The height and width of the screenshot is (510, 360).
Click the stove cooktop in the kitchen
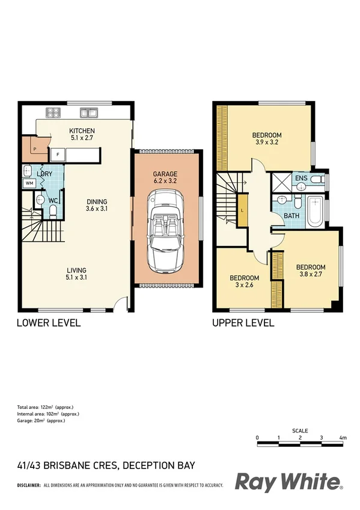tap(52, 111)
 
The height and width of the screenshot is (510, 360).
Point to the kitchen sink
tap(91, 111)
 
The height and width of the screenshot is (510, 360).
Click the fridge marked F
tap(58, 155)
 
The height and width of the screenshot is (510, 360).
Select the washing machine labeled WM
tap(29, 184)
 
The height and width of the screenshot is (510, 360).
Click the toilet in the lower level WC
tap(53, 210)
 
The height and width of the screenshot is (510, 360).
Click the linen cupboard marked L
tap(242, 210)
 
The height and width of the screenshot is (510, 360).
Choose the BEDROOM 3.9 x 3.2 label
tap(266, 139)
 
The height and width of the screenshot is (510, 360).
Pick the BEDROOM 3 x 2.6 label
tap(244, 281)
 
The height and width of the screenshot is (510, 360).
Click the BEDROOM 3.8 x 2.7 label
tap(310, 271)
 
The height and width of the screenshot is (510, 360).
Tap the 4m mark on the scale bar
tap(343, 437)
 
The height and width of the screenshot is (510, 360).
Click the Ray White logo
tap(288, 482)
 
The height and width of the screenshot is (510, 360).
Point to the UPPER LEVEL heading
tap(243, 323)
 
